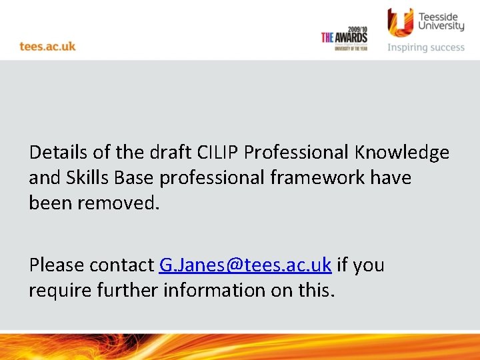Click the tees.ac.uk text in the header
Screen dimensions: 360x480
[47, 46]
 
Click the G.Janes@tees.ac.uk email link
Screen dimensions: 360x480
[245, 265]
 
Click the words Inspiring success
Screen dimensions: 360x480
[426, 47]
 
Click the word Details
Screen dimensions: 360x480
[59, 153]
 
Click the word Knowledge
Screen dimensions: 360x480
[402, 153]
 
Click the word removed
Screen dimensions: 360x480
[119, 203]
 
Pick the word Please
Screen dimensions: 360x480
[57, 265]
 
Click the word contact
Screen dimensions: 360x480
[121, 265]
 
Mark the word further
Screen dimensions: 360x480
[121, 291]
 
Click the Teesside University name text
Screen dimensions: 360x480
[440, 20]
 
